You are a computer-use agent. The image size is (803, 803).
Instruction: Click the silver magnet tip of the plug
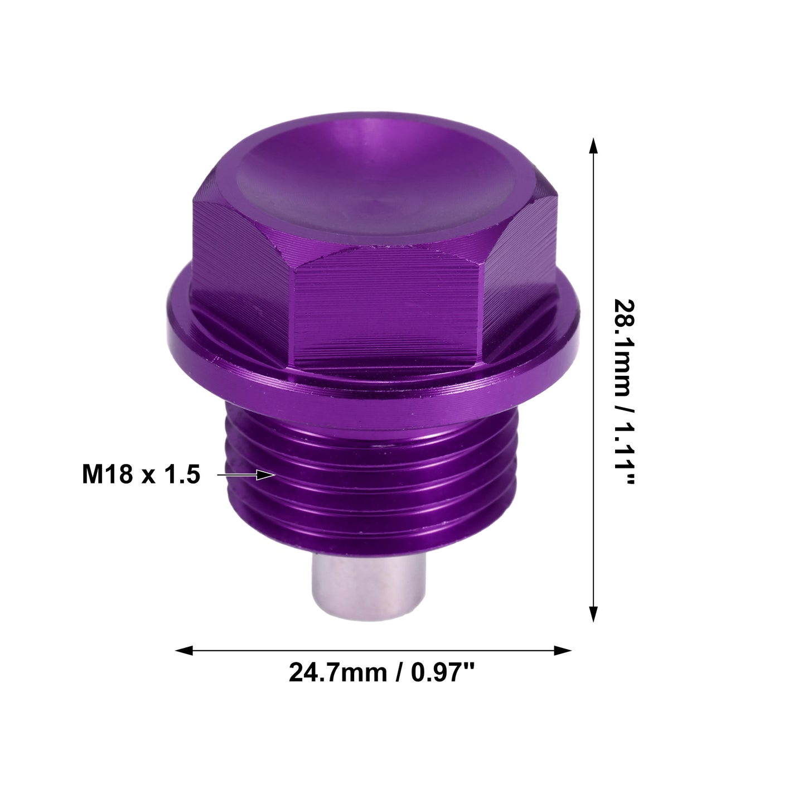pos(369,586)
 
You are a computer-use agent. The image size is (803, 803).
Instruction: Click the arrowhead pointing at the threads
pos(266,475)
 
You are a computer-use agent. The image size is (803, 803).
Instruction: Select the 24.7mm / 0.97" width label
pos(382,673)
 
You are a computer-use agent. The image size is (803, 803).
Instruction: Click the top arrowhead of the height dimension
pos(593,146)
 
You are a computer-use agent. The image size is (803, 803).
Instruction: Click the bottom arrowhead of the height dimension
pos(593,614)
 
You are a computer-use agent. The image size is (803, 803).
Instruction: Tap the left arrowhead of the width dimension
pos(184,650)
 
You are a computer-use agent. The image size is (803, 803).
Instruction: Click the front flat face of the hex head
pos(385,308)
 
